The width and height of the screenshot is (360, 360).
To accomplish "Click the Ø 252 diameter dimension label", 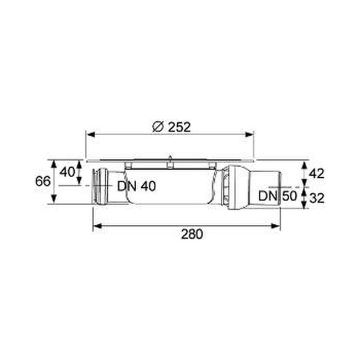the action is pyautogui.click(x=172, y=127).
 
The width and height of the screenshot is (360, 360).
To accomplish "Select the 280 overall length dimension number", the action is pyautogui.click(x=192, y=234).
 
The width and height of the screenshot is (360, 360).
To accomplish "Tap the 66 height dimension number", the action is pyautogui.click(x=43, y=181).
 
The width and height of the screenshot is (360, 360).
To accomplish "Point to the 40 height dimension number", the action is pyautogui.click(x=67, y=172).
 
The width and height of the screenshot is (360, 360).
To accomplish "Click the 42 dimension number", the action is pyautogui.click(x=316, y=173).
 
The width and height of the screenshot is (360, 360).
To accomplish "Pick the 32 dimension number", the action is pyautogui.click(x=317, y=198).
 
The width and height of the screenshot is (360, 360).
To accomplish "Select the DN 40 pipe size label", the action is pyautogui.click(x=137, y=186).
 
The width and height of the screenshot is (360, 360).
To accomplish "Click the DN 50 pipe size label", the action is pyautogui.click(x=277, y=196).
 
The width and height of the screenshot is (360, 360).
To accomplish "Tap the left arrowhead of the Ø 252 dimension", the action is pyautogui.click(x=91, y=135).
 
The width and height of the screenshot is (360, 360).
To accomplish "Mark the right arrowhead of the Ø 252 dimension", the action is pyautogui.click(x=249, y=135).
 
